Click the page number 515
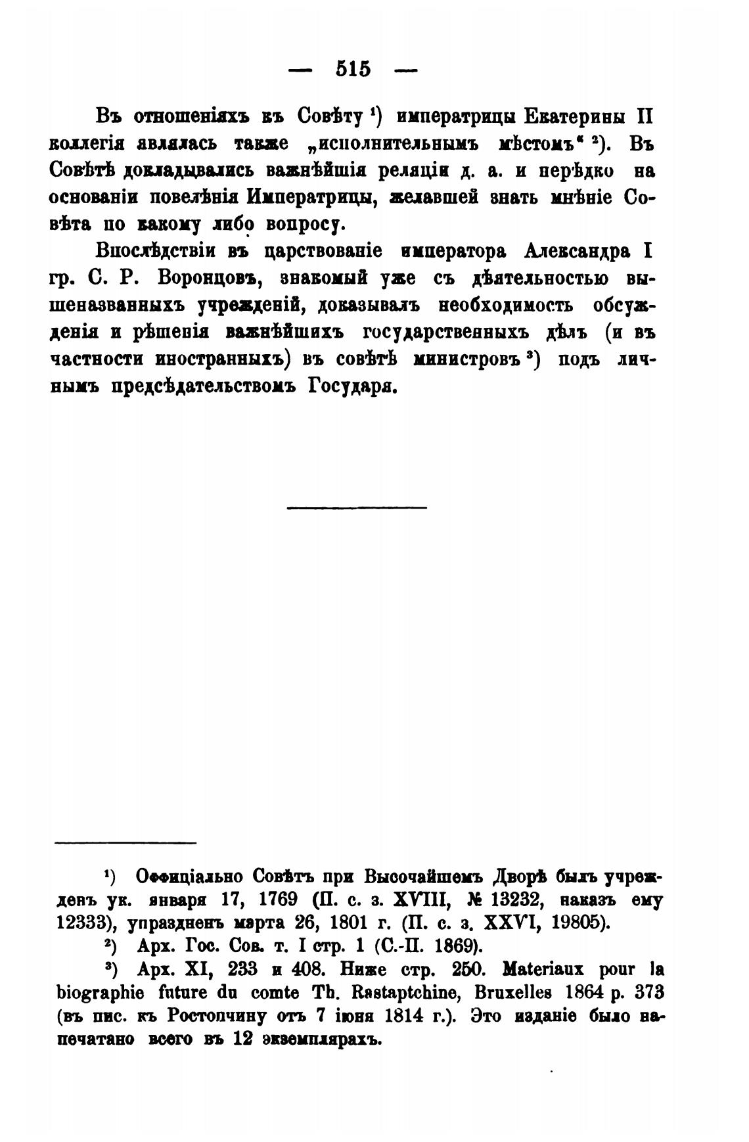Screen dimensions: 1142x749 (353, 69)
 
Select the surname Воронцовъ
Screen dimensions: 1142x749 (211, 279)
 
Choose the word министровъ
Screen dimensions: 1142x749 (468, 359)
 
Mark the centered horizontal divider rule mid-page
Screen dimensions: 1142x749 (357, 507)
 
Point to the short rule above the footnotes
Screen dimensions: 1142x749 (125, 842)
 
